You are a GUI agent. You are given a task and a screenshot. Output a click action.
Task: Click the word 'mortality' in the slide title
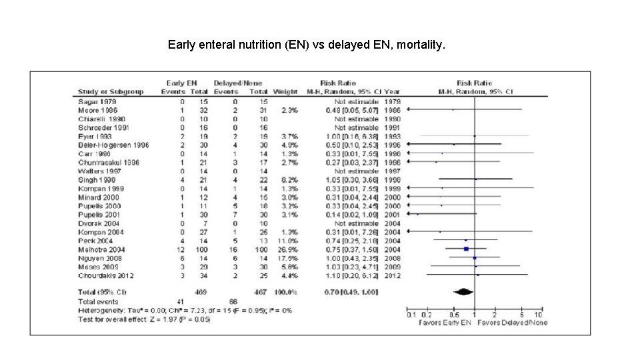pos(418,45)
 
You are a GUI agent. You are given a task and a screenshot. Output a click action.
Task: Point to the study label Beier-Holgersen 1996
pos(113,145)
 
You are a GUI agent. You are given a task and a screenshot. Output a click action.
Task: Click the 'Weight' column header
pos(285,91)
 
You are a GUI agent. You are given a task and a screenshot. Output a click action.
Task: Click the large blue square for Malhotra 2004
pos(466,248)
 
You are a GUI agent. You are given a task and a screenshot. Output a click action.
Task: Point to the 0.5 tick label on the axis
pos(453,315)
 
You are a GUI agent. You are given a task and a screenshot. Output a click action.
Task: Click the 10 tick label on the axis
pos(539,315)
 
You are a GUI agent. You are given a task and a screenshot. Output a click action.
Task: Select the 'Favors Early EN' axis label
pos(444,323)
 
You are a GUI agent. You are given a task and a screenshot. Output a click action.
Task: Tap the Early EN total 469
pos(199,292)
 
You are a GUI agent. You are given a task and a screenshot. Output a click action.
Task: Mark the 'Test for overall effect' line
pos(144,319)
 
